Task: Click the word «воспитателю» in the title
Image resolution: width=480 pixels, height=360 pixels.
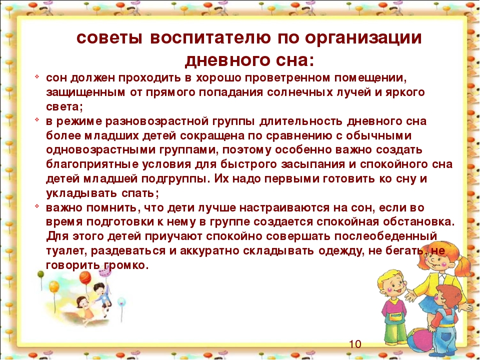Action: coord(210,38)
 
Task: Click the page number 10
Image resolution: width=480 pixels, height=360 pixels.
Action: coord(355,344)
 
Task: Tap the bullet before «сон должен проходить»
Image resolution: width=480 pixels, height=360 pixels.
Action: coord(36,76)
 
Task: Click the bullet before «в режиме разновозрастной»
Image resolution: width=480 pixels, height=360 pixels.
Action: coord(36,119)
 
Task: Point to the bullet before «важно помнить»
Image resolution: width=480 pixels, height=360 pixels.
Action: coord(36,206)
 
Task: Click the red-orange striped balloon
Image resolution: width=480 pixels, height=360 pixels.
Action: coord(85,277)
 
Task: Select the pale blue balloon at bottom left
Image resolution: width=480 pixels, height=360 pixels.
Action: coord(121,302)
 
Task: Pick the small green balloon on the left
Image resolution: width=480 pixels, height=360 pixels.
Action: coord(40,274)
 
